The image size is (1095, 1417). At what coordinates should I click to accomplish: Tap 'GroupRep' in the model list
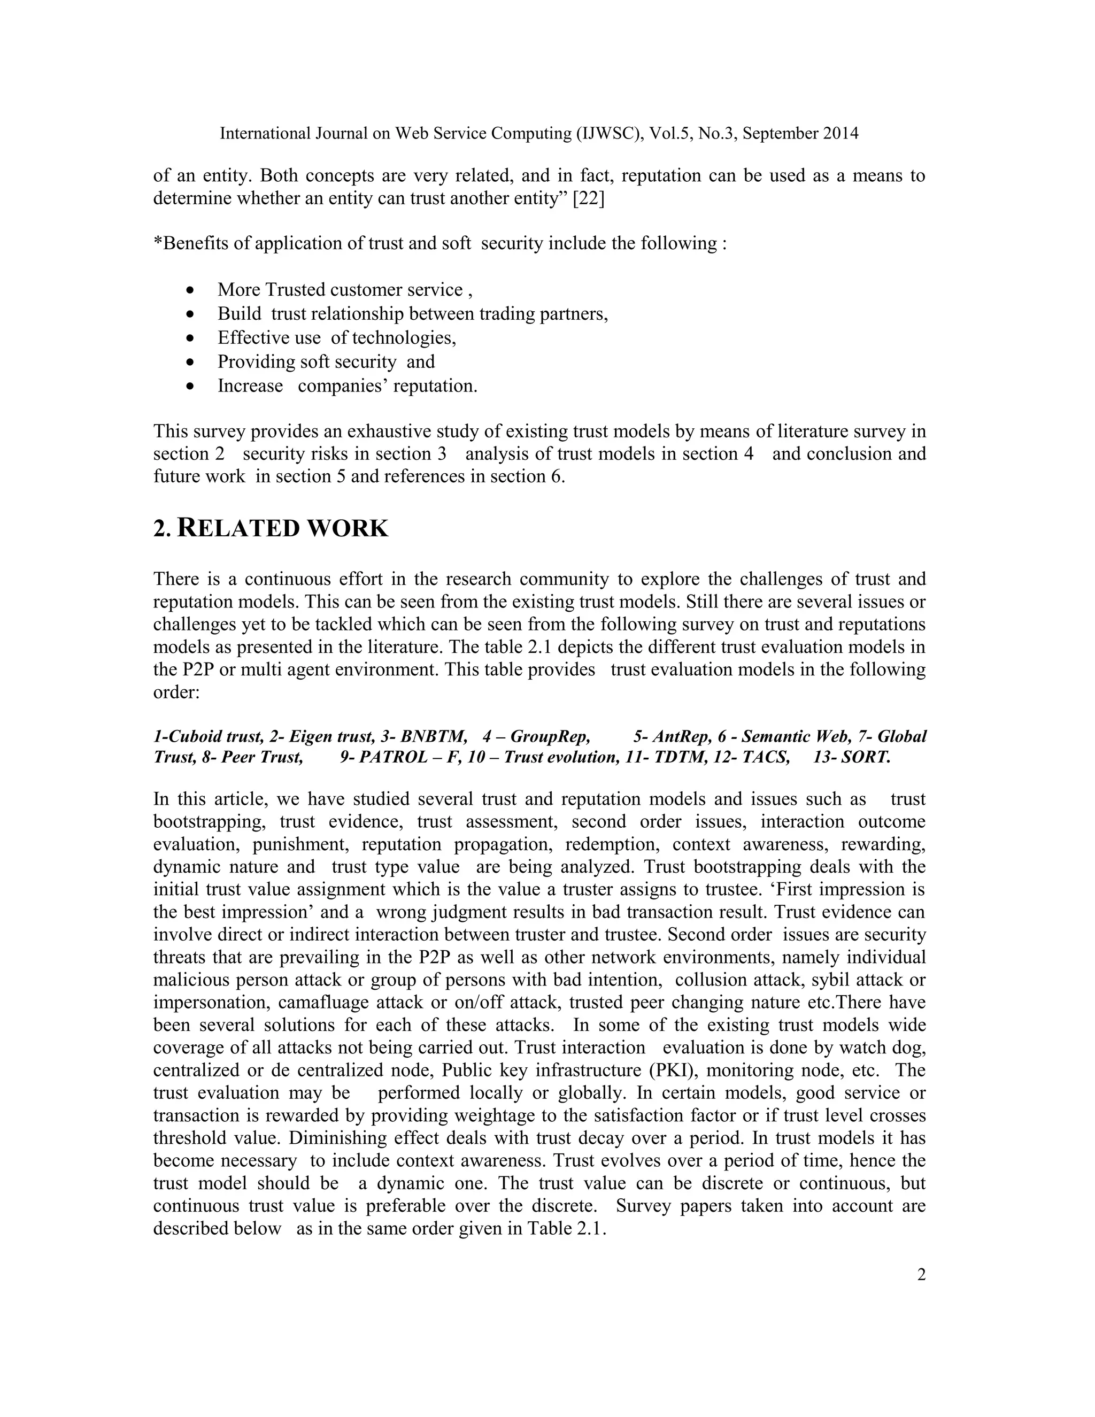coord(550,736)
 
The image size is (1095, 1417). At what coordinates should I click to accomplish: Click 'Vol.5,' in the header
coord(669,134)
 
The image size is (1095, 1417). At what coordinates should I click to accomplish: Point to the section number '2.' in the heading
coord(162,529)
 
